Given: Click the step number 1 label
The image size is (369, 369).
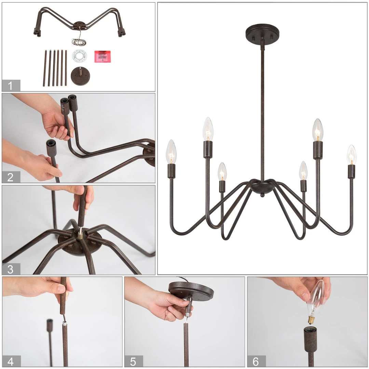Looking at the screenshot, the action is [10, 86].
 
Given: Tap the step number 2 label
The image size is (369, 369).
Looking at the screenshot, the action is [10, 177].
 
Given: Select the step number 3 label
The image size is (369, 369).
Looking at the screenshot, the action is [10, 270].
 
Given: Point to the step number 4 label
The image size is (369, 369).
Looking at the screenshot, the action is [10, 361].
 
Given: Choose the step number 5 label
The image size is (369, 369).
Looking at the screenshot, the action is [133, 361].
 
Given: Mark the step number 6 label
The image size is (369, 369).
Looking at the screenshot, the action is [256, 361].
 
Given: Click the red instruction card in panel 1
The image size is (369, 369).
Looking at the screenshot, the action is [102, 56].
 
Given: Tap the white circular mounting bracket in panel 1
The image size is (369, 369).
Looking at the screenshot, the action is [80, 56].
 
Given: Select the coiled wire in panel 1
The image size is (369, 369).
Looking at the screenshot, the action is [79, 42].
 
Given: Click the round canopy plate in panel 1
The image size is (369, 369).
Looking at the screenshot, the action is [81, 76].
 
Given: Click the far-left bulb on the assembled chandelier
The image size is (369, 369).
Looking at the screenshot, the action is [171, 152].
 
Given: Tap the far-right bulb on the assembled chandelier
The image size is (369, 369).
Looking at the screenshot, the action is [352, 155].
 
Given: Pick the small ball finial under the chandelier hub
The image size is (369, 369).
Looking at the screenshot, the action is [262, 195].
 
